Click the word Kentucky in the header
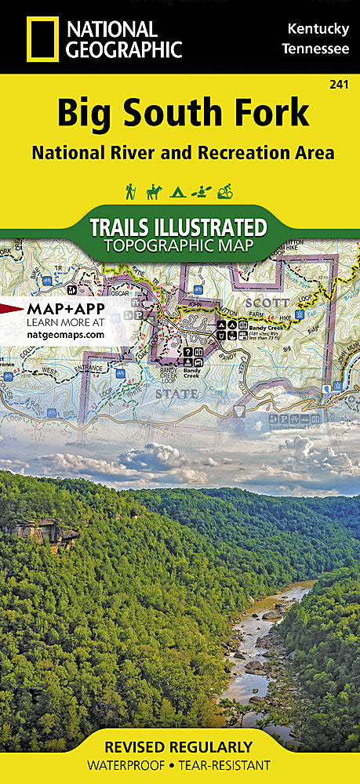click(x=318, y=29)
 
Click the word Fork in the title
click(x=268, y=114)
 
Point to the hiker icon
click(x=130, y=191)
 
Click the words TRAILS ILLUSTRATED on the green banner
click(x=178, y=227)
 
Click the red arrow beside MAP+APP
click(x=9, y=308)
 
